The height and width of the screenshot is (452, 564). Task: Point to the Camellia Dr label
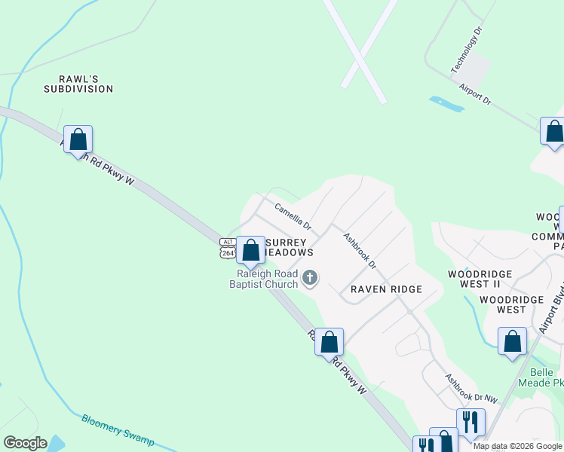coord(293,216)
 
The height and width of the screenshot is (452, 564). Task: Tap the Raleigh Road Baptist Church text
coord(268,279)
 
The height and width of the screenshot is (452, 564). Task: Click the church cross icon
coord(309,279)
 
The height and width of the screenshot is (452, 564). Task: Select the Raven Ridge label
coord(385,289)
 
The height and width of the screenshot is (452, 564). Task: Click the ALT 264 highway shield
coord(228,248)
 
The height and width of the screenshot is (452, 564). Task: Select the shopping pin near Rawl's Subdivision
coord(78,139)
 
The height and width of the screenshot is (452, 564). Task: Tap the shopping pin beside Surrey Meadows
coord(250,250)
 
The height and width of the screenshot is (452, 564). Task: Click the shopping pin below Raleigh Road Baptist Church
coord(329,342)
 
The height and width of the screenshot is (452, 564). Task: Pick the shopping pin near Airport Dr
coord(554,132)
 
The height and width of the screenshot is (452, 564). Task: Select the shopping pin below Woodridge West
coord(513,341)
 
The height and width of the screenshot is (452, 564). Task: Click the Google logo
coord(25,443)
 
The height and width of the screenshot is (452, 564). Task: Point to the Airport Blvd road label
coord(552,311)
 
